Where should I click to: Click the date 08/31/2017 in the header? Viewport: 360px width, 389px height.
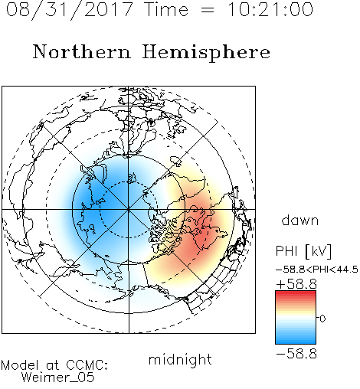point(70,10)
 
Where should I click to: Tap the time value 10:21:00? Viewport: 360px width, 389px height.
point(270,10)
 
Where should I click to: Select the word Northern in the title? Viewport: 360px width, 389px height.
point(82,51)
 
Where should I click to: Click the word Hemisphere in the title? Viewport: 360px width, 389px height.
point(206,53)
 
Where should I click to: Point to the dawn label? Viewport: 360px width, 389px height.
point(300,220)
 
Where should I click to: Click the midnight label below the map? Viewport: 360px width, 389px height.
point(180,359)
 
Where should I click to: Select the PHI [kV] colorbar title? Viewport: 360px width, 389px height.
point(303,251)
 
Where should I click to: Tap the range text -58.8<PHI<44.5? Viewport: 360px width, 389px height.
point(317,270)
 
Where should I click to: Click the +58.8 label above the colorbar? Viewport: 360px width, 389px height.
point(296,284)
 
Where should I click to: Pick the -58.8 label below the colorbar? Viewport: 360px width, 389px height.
point(296,354)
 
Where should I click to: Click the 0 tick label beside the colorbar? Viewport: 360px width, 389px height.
point(322,319)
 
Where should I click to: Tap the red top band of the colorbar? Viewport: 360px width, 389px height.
point(296,293)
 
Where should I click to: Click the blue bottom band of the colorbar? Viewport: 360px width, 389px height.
point(296,341)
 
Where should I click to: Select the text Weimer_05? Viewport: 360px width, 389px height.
point(58,378)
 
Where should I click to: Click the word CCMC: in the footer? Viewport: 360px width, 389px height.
point(87,365)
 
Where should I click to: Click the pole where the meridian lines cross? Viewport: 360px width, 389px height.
point(129,209)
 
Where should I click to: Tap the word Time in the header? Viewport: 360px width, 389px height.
point(166,9)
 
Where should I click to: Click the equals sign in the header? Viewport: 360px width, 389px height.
point(207,10)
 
